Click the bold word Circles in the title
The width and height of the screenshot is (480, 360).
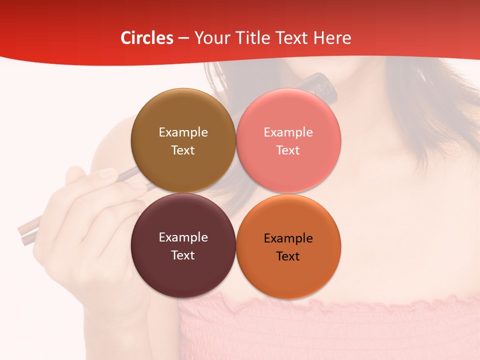click(147, 38)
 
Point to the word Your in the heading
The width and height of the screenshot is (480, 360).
click(210, 38)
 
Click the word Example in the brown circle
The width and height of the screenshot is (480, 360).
click(183, 132)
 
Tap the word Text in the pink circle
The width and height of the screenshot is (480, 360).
click(288, 150)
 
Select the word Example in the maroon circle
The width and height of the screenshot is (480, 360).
click(183, 237)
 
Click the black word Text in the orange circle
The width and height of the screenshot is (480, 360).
click(288, 256)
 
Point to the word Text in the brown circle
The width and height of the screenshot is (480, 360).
click(183, 150)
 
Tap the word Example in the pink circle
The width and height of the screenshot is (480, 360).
click(288, 132)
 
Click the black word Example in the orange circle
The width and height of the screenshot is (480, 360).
click(288, 238)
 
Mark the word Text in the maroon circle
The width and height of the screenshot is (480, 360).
click(183, 255)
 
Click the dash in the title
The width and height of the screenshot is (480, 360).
click(183, 38)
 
